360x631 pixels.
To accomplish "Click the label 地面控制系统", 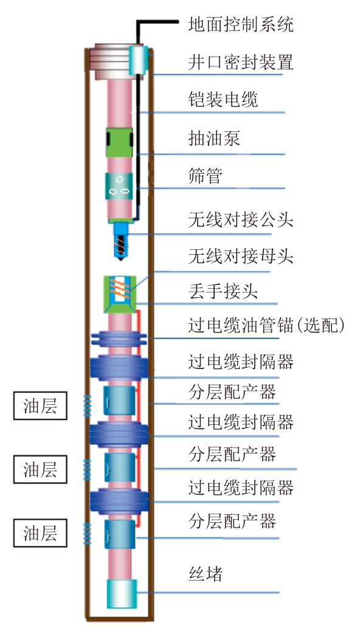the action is point(241,24).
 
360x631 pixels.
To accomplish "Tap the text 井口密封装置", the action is point(241,62).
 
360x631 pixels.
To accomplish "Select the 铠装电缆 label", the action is point(223,100).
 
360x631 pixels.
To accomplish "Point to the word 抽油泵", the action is point(214,138).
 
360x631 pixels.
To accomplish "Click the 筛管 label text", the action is point(206,176).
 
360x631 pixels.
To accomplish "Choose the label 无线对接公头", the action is point(241,219).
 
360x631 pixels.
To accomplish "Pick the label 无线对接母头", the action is point(241,256).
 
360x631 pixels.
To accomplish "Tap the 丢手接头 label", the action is point(223,291).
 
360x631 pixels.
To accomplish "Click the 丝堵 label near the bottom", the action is point(206,573).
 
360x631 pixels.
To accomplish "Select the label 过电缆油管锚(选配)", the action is point(266,325).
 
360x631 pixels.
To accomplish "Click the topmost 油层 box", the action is point(40,405).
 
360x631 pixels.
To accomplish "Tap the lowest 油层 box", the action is point(40,533).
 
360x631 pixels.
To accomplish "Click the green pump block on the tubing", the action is point(119,142).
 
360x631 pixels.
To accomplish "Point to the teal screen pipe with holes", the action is point(119,186).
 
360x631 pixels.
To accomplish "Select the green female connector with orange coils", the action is point(120,294).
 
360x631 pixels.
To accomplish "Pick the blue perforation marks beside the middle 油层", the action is point(87,469).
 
